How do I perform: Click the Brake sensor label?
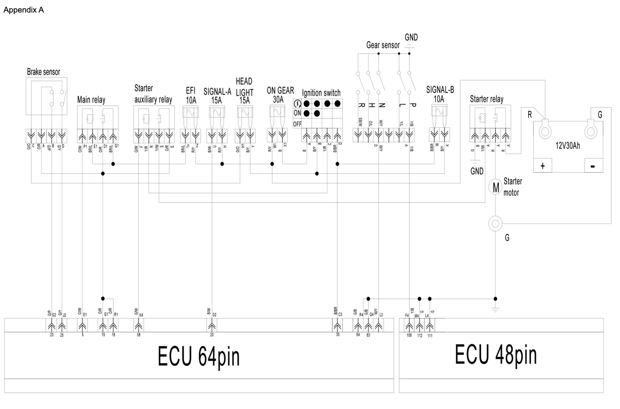43,72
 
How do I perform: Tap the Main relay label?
91,100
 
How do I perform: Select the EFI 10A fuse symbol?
190,112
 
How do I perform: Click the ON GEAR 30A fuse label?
280,95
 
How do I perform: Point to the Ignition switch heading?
321,93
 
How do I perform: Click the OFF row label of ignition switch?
297,124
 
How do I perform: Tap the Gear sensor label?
383,45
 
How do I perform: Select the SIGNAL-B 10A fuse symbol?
440,112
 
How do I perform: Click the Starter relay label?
487,99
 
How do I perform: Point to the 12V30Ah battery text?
568,146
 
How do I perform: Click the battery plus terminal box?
543,166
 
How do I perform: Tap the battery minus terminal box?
593,166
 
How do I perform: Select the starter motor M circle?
496,187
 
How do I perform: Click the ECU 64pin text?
199,356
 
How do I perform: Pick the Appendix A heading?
24,10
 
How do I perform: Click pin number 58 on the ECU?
139,335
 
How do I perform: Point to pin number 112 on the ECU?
420,335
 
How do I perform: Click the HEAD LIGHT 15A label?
244,91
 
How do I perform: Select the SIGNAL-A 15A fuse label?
217,95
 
